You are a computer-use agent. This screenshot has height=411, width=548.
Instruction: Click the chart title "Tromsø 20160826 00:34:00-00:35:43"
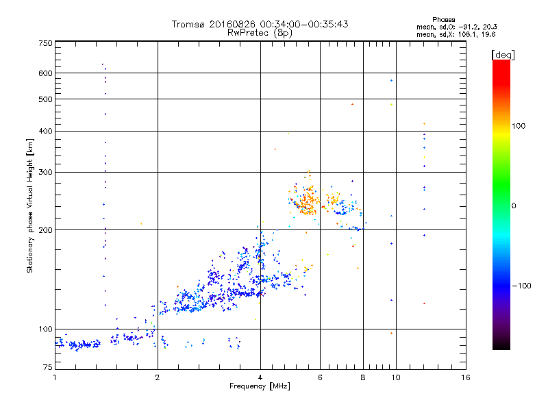pyautogui.click(x=260, y=24)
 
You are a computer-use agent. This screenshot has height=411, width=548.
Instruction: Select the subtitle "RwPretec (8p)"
pyautogui.click(x=260, y=32)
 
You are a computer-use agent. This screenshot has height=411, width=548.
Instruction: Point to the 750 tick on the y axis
pyautogui.click(x=45, y=43)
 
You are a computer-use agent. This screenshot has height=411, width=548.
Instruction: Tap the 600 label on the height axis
pyautogui.click(x=45, y=73)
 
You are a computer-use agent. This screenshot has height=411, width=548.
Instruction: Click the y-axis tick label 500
pyautogui.click(x=45, y=99)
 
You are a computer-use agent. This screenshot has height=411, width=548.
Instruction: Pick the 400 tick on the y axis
pyautogui.click(x=45, y=131)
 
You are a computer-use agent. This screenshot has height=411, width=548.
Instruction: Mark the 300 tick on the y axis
pyautogui.click(x=45, y=172)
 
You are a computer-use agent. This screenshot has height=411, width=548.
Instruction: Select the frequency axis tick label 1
pyautogui.click(x=55, y=378)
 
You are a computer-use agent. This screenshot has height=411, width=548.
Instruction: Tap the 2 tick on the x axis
pyautogui.click(x=158, y=378)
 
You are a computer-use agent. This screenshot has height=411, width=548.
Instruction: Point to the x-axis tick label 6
pyautogui.click(x=320, y=378)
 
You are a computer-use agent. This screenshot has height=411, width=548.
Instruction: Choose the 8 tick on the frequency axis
pyautogui.click(x=363, y=378)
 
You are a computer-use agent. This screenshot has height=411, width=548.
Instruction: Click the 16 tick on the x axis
pyautogui.click(x=465, y=378)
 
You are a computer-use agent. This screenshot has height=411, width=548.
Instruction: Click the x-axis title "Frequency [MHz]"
pyautogui.click(x=260, y=387)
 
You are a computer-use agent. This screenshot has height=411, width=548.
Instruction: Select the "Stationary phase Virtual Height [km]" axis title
pyautogui.click(x=30, y=206)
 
